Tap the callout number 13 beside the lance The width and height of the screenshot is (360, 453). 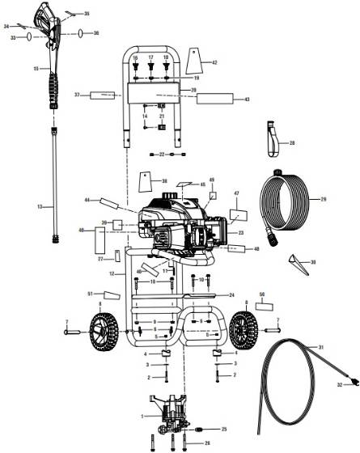[x=40, y=208]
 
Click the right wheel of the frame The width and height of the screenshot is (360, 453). [x=244, y=329]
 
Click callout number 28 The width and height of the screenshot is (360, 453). [x=292, y=142]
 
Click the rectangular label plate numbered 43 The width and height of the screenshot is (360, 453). [x=210, y=99]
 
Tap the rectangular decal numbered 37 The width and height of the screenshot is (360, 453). [x=104, y=95]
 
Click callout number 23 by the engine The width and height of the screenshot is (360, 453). [x=240, y=232]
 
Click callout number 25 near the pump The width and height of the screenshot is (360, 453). [x=225, y=428]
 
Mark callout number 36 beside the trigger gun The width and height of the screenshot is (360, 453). [x=96, y=33]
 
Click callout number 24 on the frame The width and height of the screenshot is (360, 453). [x=231, y=295]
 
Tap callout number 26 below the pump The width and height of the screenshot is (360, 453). [x=207, y=443]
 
